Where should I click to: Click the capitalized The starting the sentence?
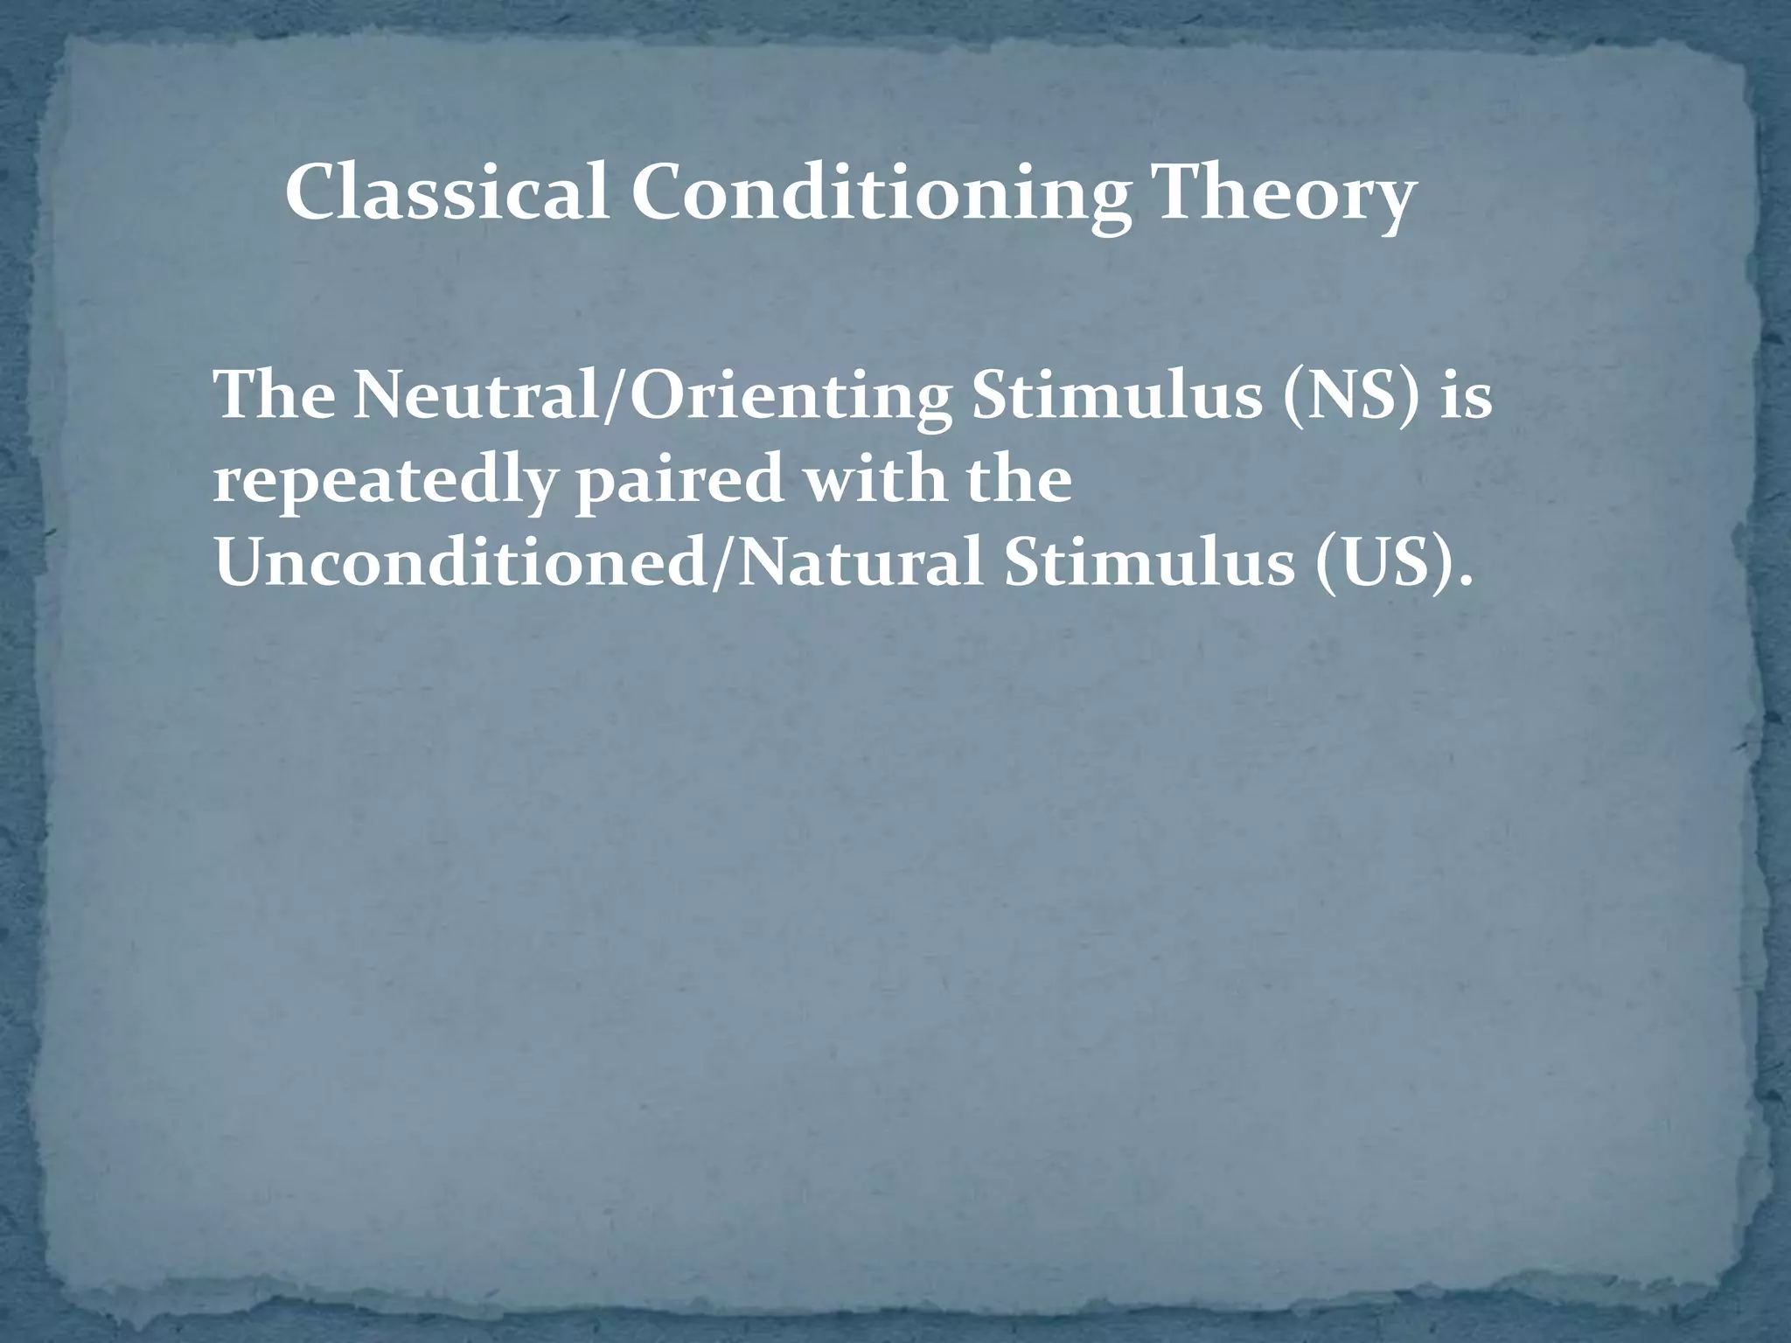(x=275, y=396)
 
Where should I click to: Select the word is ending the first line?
(x=1464, y=396)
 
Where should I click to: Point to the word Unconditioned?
(x=463, y=564)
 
